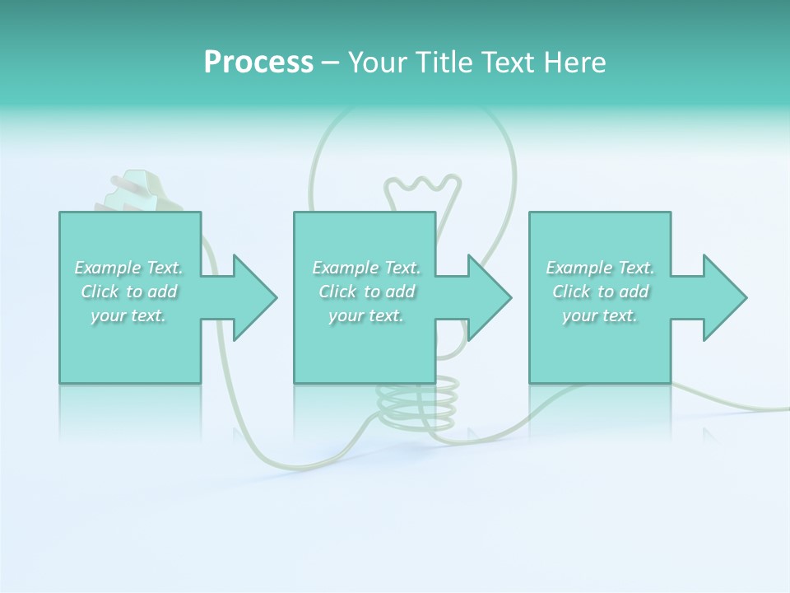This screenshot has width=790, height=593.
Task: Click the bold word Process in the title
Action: pos(258,63)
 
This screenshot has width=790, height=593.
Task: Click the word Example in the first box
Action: pos(107,268)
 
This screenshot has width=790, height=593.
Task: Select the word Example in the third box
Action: pos(579,268)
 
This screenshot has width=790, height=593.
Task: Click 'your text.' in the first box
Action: pos(128,315)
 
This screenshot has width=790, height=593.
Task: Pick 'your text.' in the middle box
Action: pos(366,315)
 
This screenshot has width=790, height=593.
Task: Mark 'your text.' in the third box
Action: pos(600,315)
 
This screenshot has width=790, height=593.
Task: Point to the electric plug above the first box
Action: pos(132,191)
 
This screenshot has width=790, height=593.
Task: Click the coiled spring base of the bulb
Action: pos(417,403)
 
